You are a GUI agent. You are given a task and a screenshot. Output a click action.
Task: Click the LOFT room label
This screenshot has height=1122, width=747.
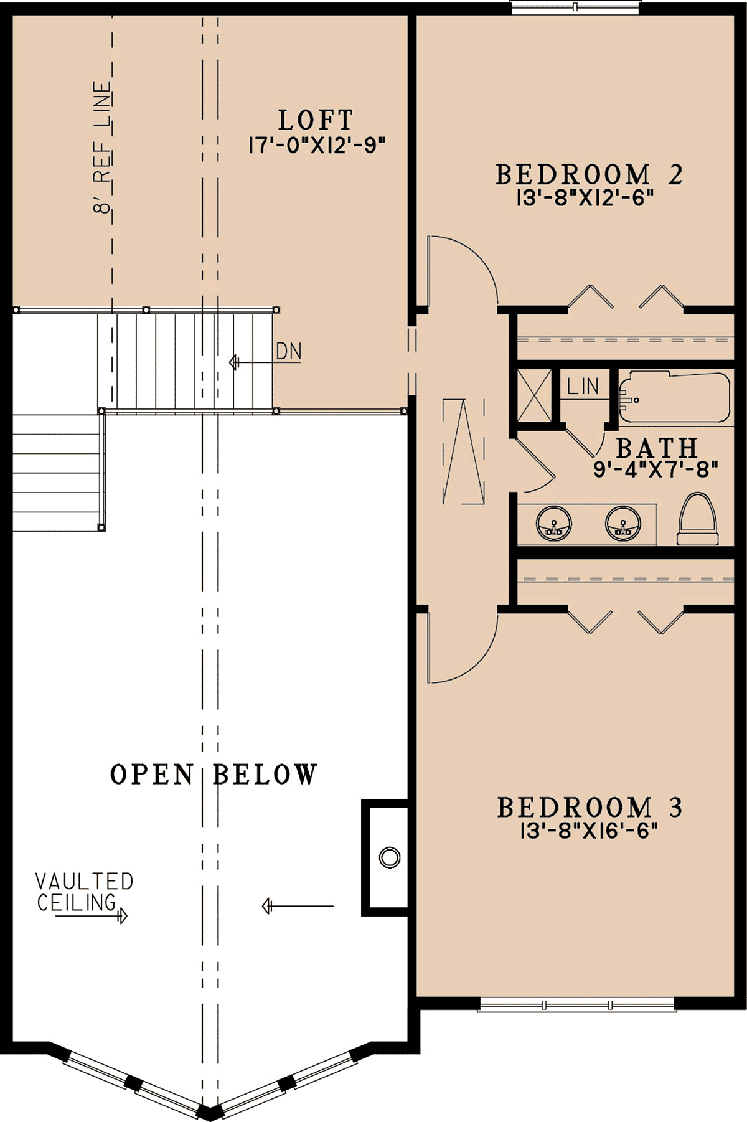click(316, 120)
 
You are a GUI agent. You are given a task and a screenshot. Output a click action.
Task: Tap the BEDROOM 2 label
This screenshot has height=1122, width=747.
click(589, 174)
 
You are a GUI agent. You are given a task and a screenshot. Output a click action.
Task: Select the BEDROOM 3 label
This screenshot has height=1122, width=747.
click(590, 808)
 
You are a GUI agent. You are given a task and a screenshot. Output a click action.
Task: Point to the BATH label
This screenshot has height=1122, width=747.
click(657, 448)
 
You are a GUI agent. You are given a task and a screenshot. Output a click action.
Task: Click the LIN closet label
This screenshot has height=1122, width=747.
click(583, 387)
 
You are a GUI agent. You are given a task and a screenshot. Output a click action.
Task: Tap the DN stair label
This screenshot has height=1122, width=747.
click(289, 352)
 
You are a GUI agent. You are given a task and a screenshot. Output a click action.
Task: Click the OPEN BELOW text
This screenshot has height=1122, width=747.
click(214, 775)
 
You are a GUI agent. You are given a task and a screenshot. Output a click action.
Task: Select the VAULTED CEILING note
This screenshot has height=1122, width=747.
click(84, 892)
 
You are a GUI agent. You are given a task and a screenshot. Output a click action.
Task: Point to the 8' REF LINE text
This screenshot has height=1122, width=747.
click(103, 148)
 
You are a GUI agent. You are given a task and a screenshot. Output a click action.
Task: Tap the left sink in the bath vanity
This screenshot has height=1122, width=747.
click(553, 523)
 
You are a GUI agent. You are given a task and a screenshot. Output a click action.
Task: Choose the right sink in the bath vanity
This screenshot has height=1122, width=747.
click(622, 523)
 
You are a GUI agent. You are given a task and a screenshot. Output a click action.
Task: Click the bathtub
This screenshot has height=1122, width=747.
click(675, 398)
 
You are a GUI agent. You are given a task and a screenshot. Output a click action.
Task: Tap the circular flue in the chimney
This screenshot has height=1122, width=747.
click(390, 857)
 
